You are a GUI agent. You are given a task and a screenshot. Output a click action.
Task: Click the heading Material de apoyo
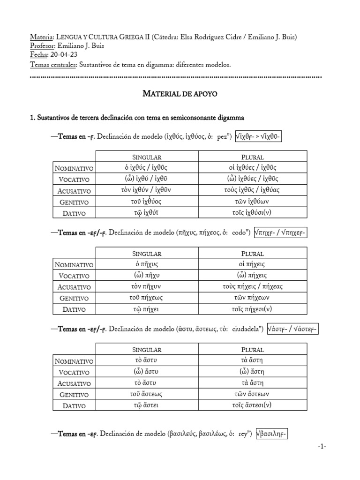click(x=180, y=94)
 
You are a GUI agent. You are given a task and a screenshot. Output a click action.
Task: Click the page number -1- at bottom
click(x=322, y=446)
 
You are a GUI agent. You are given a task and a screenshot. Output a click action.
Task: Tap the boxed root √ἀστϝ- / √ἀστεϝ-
click(x=292, y=329)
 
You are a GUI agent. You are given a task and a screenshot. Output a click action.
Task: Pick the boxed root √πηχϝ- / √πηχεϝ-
click(x=279, y=233)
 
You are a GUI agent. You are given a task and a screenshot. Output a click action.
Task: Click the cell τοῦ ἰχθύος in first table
click(x=147, y=202)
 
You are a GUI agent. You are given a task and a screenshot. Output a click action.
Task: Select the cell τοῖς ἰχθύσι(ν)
click(x=252, y=213)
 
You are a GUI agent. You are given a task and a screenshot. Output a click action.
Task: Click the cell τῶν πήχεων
click(x=252, y=298)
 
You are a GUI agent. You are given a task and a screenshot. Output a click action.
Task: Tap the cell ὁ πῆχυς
click(x=147, y=264)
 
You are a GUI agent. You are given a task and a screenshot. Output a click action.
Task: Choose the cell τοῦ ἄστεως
click(x=147, y=394)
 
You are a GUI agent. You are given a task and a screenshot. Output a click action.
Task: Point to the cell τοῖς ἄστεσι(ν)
click(x=252, y=405)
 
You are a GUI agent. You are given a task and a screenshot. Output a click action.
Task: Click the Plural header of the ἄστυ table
click(x=252, y=350)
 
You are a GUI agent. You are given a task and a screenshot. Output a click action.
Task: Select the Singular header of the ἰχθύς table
click(x=147, y=157)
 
